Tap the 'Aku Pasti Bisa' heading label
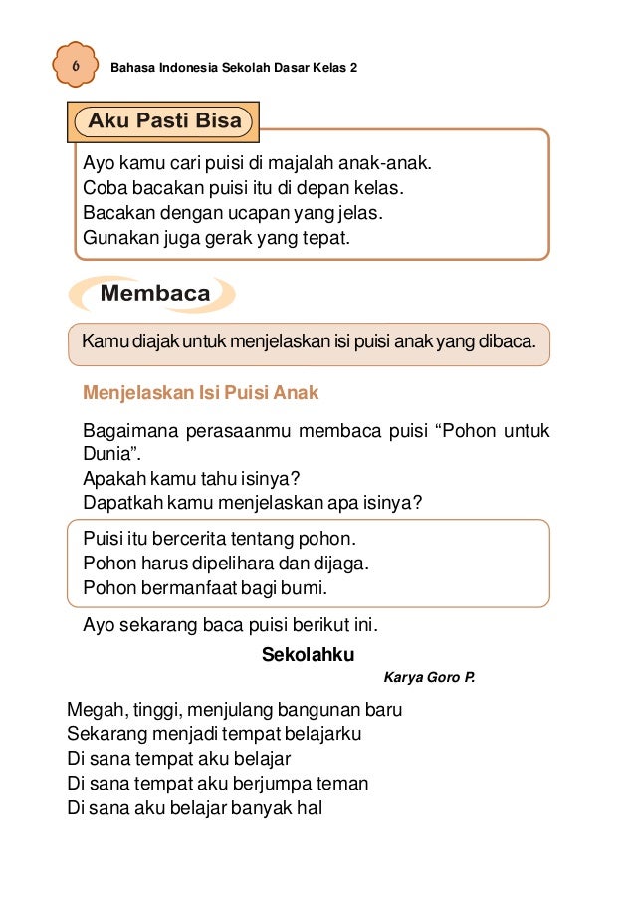point(165,122)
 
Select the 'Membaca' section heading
point(154,294)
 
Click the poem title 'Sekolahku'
point(308,654)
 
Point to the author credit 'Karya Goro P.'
point(429,678)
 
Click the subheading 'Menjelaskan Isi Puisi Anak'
point(201,392)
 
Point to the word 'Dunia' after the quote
point(109,454)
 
